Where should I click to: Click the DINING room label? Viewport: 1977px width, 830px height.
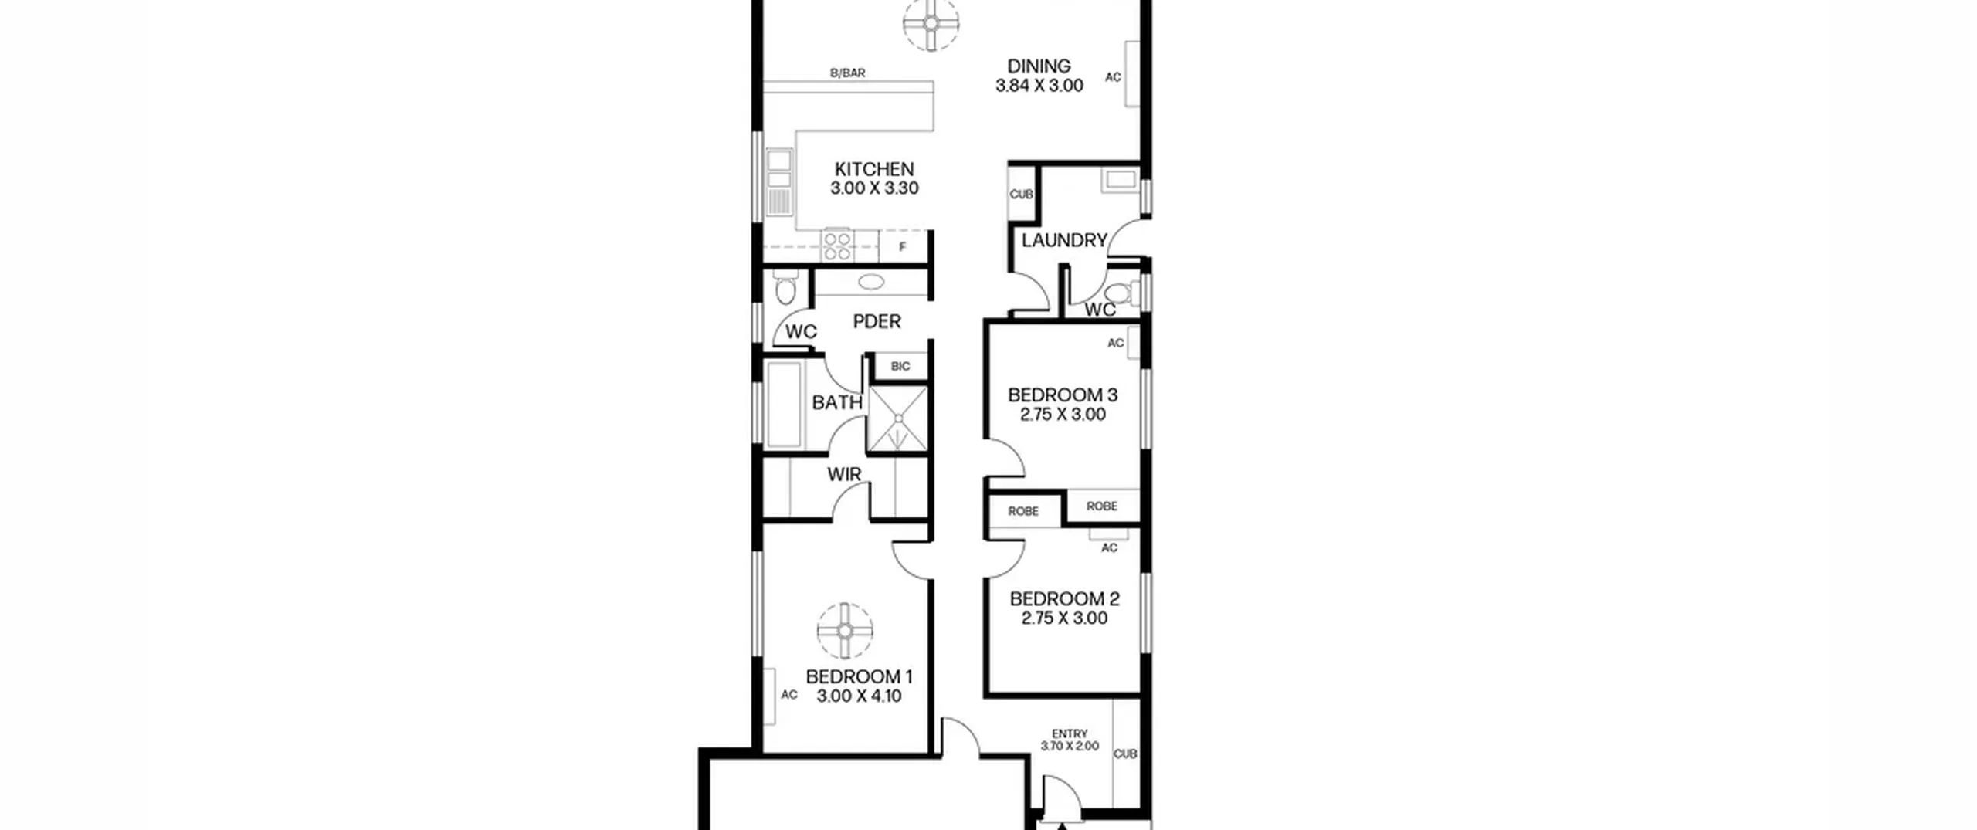1039,66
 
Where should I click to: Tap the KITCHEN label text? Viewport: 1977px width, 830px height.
874,169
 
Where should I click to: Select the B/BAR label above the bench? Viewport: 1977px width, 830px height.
847,73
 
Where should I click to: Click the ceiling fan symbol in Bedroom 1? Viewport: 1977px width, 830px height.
845,631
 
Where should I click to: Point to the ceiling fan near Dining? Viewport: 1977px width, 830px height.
931,23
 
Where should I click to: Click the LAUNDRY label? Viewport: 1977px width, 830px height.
1064,241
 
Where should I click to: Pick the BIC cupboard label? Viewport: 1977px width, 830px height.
900,367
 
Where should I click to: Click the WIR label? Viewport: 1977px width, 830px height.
844,474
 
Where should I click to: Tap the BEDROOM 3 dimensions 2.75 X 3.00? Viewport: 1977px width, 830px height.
1063,415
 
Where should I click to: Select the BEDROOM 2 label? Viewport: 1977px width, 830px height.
1064,599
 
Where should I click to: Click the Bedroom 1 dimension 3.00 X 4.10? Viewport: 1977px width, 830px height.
859,696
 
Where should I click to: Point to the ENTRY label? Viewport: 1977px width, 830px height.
1070,733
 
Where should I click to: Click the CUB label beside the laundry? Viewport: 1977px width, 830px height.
1022,195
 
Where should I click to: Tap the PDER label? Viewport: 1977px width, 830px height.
877,321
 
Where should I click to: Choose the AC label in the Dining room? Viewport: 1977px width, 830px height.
1113,77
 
